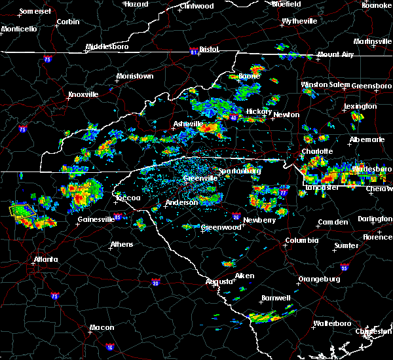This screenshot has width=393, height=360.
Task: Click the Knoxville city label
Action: (83, 94)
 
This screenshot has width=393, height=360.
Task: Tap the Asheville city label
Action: (189, 124)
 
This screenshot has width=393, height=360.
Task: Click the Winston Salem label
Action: (325, 84)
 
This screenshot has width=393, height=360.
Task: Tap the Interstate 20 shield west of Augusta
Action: (155, 283)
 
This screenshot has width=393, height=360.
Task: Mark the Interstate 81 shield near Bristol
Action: (194, 50)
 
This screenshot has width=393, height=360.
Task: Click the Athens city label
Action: (121, 245)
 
